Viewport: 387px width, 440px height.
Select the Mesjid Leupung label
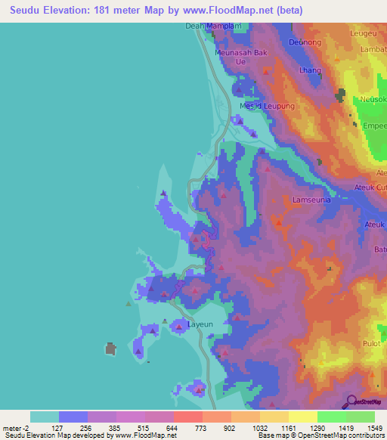tap(267, 107)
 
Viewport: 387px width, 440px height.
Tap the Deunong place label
tap(305, 42)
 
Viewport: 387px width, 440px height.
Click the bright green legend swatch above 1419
tap(331, 417)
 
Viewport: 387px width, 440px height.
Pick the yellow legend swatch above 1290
tap(302, 417)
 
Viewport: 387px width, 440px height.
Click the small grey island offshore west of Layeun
tap(110, 349)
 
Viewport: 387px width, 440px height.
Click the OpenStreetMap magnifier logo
tap(350, 402)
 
